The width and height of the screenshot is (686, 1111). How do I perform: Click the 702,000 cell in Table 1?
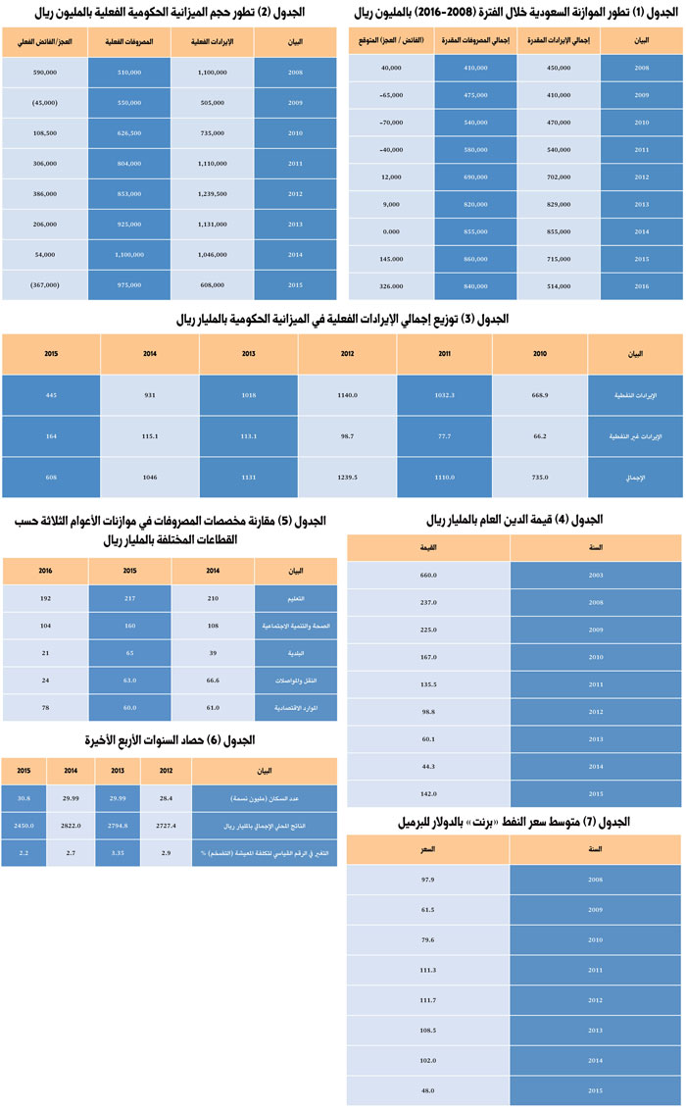[559, 177]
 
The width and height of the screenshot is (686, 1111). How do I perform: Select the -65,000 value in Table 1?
[392, 95]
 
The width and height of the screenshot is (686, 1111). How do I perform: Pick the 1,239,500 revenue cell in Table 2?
[212, 194]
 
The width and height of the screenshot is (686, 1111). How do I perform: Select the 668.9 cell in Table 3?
[541, 394]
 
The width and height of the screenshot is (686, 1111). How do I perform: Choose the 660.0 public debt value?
[427, 576]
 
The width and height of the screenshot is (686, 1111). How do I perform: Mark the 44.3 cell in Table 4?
[427, 765]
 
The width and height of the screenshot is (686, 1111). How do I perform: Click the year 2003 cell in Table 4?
[596, 576]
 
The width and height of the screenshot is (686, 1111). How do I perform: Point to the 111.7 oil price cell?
[427, 999]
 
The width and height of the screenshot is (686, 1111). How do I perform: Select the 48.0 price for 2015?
[427, 1089]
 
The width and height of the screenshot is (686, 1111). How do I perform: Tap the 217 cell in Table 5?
[130, 596]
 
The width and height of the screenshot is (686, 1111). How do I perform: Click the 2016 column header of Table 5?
[45, 570]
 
